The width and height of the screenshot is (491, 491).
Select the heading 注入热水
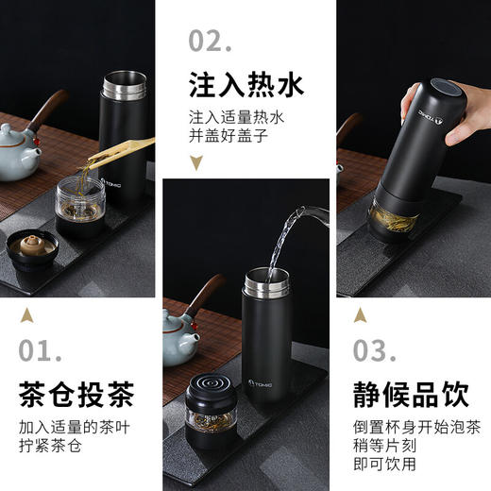tap(245, 86)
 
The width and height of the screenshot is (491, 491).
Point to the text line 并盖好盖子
tap(229, 136)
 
